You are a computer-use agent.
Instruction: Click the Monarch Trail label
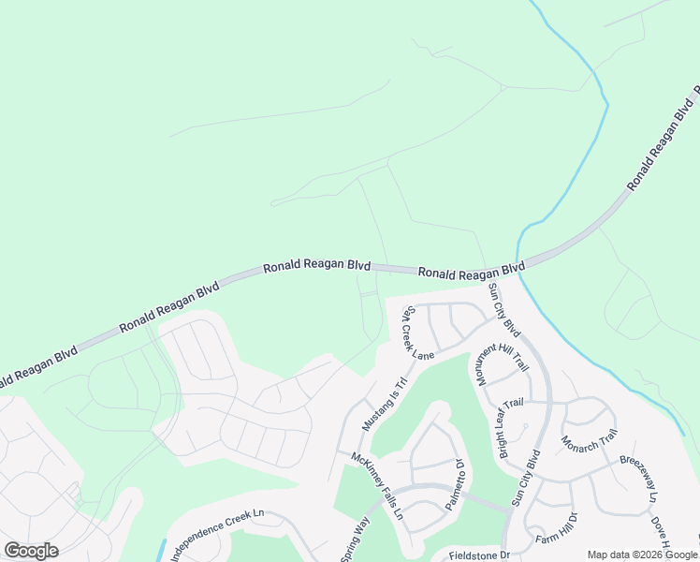click(590, 446)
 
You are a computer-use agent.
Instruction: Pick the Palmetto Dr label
click(456, 484)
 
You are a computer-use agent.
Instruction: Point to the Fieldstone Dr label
click(476, 555)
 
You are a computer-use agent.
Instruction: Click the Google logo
click(31, 551)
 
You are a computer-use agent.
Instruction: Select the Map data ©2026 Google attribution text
click(642, 555)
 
